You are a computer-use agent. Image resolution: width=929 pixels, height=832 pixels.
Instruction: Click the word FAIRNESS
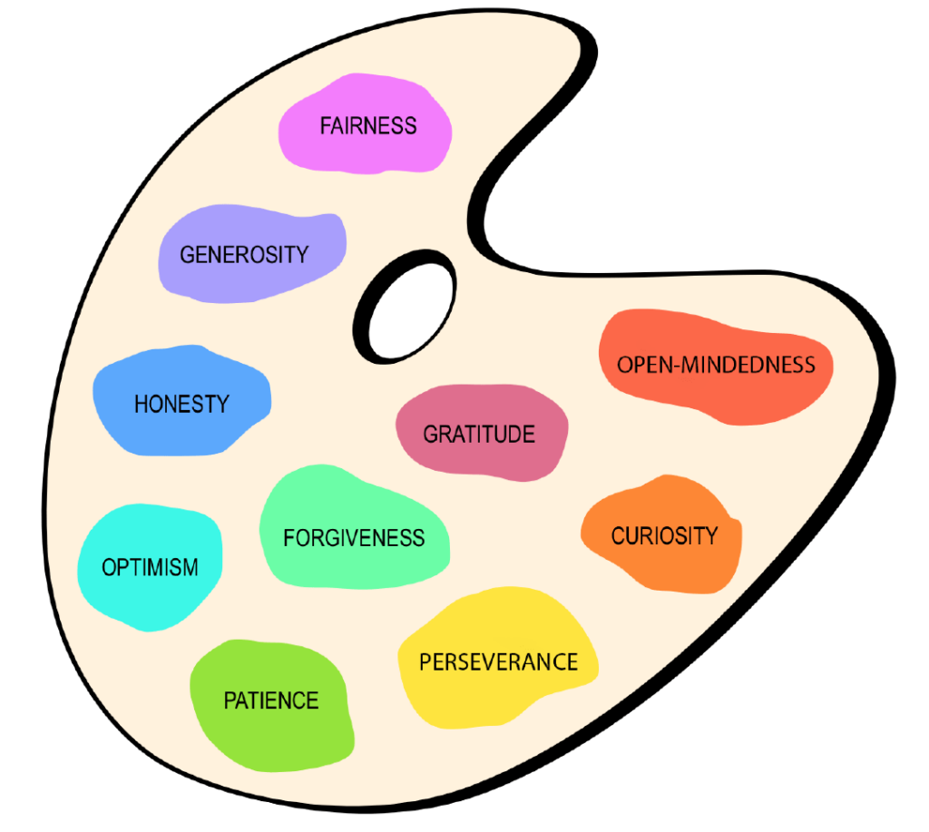click(x=368, y=125)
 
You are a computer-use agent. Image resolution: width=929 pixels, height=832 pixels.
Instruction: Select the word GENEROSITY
click(x=244, y=254)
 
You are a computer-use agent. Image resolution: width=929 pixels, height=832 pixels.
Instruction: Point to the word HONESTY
click(x=181, y=404)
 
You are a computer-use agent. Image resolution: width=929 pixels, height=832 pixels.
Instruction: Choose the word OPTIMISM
click(x=150, y=568)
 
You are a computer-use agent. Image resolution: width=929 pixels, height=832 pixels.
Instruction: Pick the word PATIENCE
click(x=271, y=700)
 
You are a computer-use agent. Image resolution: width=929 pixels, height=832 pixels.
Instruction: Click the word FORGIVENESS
click(x=354, y=538)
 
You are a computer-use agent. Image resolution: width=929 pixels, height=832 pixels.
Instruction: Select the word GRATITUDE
click(x=479, y=434)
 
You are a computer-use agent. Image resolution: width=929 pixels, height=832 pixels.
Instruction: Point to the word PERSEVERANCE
click(x=498, y=661)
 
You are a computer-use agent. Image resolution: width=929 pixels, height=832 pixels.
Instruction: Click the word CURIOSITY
click(x=664, y=535)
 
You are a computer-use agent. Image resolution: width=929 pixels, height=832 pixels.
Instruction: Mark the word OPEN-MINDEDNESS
click(x=716, y=365)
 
